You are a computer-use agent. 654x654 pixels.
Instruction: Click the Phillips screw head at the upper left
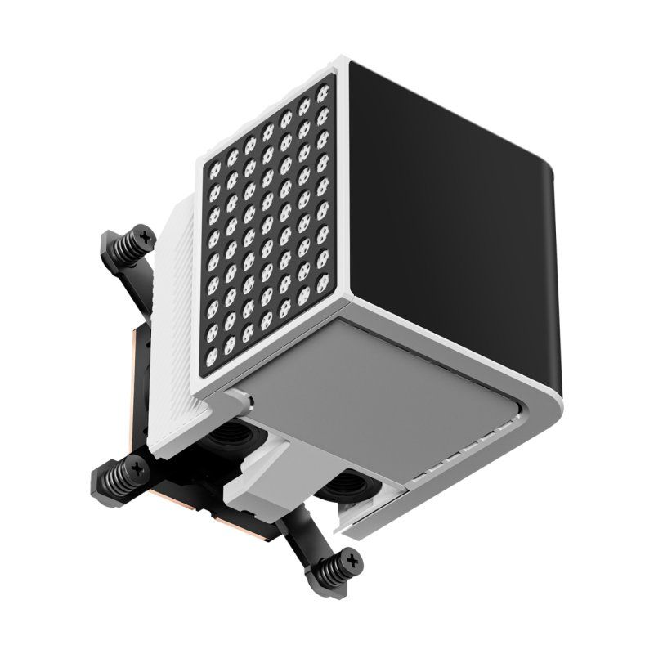(x=146, y=236)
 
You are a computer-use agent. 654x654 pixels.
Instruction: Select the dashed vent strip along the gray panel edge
(x=458, y=458)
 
